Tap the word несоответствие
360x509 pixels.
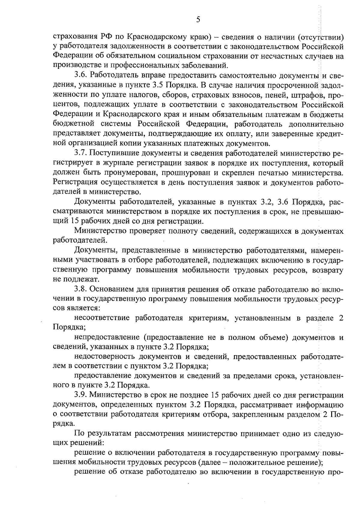[102, 318]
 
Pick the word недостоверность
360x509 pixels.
[104, 357]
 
